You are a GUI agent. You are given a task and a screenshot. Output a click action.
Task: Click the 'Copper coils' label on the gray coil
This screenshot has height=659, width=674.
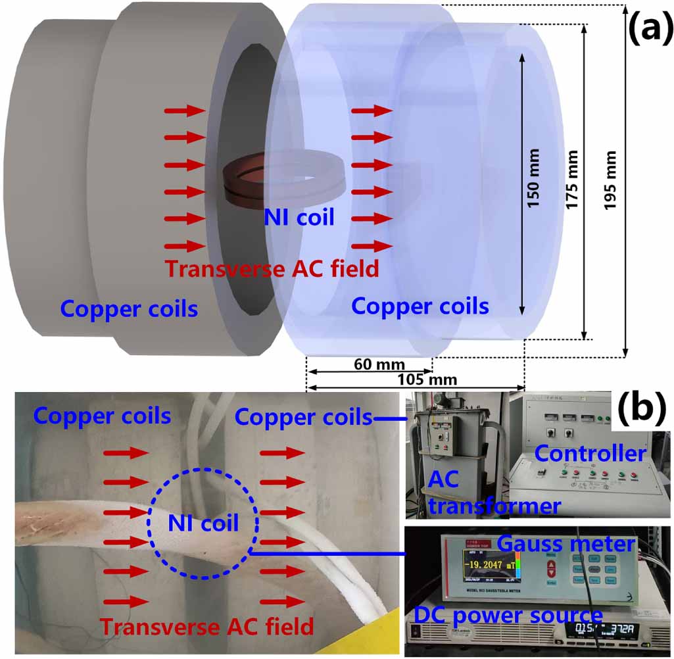click(129, 308)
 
